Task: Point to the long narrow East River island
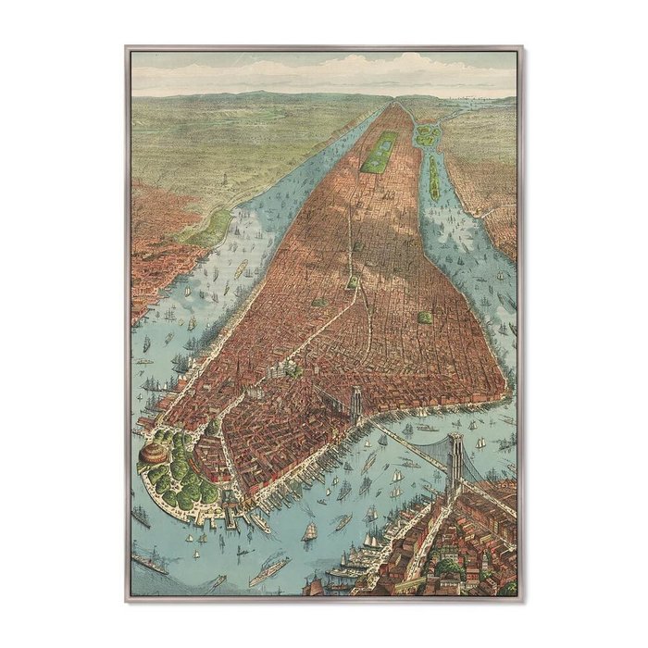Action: point(432,178)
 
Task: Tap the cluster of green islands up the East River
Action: point(427,135)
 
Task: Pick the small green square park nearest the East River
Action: point(425,318)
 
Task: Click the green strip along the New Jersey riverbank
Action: point(211,227)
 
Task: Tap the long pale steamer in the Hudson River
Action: point(242,268)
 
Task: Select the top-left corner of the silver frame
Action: point(127,47)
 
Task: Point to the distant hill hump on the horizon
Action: point(268,93)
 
